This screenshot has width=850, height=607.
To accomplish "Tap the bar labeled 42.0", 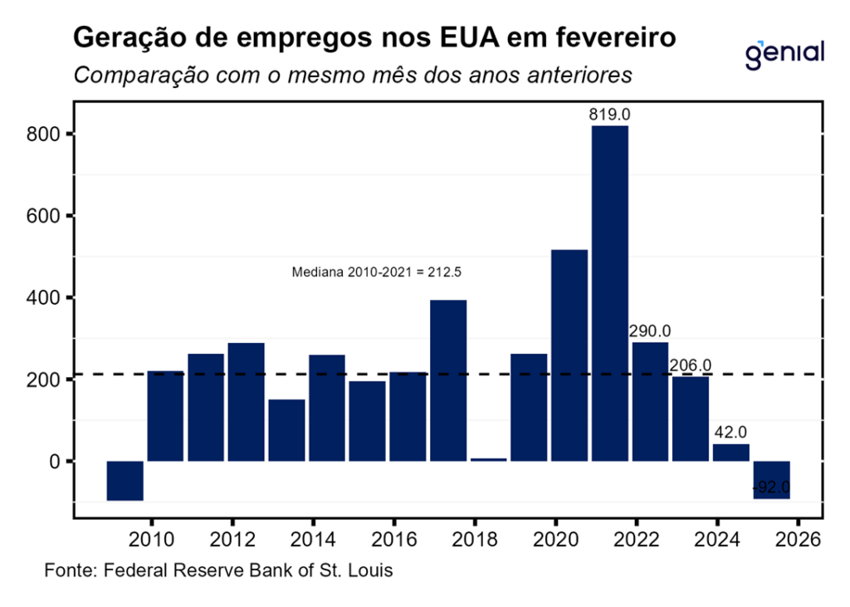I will click(x=730, y=453).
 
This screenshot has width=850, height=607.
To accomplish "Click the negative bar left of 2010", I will click(x=125, y=481).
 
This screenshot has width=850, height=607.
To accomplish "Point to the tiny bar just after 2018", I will click(x=488, y=459).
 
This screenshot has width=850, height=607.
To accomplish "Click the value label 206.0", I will click(x=691, y=365).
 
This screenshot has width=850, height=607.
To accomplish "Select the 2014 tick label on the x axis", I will click(x=311, y=539).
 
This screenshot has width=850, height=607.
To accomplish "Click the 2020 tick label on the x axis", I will click(x=554, y=539).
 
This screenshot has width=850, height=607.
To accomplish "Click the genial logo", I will click(x=784, y=54).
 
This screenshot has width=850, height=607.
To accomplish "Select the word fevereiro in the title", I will click(x=610, y=38).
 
